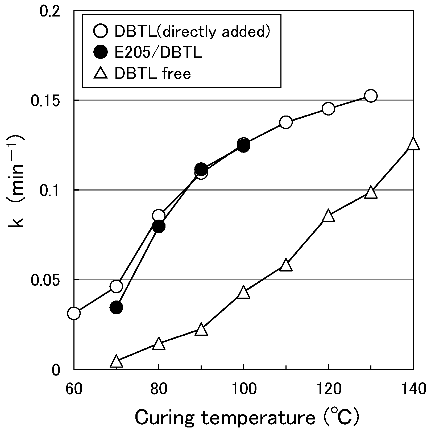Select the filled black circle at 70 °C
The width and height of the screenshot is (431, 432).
116,307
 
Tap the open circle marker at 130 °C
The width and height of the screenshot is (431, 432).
371,96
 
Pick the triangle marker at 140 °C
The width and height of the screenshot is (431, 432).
413,145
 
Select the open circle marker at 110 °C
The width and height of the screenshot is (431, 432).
286,122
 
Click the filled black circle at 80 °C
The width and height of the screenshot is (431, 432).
159,226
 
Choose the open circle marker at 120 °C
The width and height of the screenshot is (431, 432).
328,109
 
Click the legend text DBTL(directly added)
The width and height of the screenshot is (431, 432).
192,31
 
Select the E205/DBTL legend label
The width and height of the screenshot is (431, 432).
158,52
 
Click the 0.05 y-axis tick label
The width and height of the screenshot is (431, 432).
45,280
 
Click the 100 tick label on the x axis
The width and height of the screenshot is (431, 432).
243,389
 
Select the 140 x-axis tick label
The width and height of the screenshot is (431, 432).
412,389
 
